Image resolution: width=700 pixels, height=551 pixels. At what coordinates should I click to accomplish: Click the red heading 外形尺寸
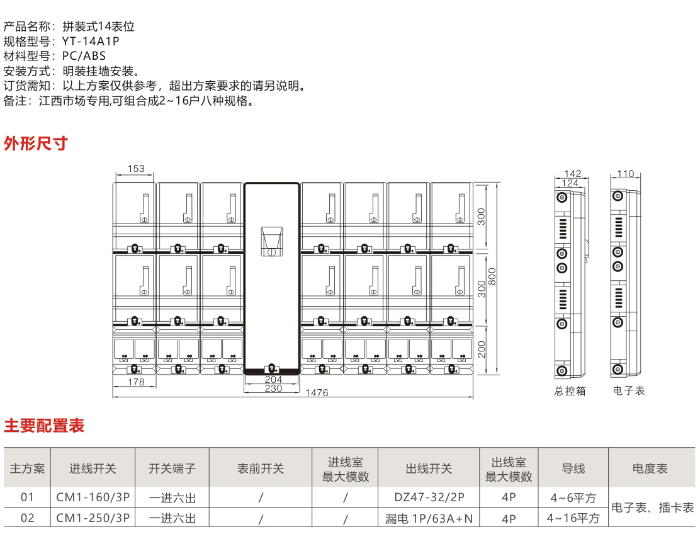(x=35, y=144)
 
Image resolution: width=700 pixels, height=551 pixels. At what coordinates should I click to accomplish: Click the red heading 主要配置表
(x=44, y=426)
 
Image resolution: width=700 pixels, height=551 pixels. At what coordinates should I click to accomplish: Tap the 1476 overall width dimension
(x=317, y=393)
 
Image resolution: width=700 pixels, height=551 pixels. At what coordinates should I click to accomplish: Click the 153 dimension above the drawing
(x=136, y=169)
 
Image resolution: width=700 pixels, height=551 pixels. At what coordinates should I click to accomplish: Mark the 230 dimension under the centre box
(x=273, y=389)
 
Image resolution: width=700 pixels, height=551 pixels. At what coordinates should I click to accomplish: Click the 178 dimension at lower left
(x=136, y=382)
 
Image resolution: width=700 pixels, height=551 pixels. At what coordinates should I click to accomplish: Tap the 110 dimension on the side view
(x=625, y=174)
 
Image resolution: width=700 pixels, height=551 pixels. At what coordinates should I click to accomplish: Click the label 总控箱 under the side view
(x=570, y=391)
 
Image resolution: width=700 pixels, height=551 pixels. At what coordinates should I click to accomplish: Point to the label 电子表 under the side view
(x=629, y=390)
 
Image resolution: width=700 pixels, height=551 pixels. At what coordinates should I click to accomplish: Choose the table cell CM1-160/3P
(x=93, y=497)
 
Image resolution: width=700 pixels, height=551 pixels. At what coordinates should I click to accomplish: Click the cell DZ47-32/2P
(x=429, y=497)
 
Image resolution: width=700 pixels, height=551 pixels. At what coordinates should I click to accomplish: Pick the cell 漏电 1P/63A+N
(x=429, y=518)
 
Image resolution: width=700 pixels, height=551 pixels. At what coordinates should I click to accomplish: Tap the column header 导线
(x=573, y=469)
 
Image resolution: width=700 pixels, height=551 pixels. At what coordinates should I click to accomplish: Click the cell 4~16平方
(x=573, y=518)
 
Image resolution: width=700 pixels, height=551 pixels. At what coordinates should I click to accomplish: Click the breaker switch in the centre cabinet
(x=272, y=241)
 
